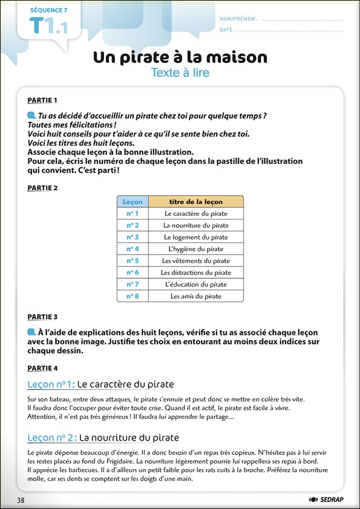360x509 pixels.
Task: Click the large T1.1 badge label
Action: [48, 25]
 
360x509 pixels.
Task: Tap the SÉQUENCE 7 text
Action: [49, 10]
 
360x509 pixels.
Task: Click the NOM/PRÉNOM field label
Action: [238, 19]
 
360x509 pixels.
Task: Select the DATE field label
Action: [227, 30]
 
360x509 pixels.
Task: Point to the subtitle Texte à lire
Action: [180, 73]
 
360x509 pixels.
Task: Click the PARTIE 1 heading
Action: [42, 100]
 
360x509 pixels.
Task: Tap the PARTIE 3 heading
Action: [42, 317]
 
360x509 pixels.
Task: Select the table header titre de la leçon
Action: [196, 201]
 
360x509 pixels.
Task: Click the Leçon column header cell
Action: [133, 201]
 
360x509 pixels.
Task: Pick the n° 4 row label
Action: [133, 249]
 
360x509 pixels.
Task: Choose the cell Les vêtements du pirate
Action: [196, 261]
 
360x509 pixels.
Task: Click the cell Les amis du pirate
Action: [196, 296]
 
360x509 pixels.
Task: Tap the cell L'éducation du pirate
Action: [196, 284]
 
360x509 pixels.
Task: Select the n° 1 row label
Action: [133, 213]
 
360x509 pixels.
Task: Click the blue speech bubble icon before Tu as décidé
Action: [31, 115]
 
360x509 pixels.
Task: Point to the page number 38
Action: [21, 500]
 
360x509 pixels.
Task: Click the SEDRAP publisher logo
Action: [326, 499]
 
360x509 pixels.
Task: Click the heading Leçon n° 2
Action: [52, 438]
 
